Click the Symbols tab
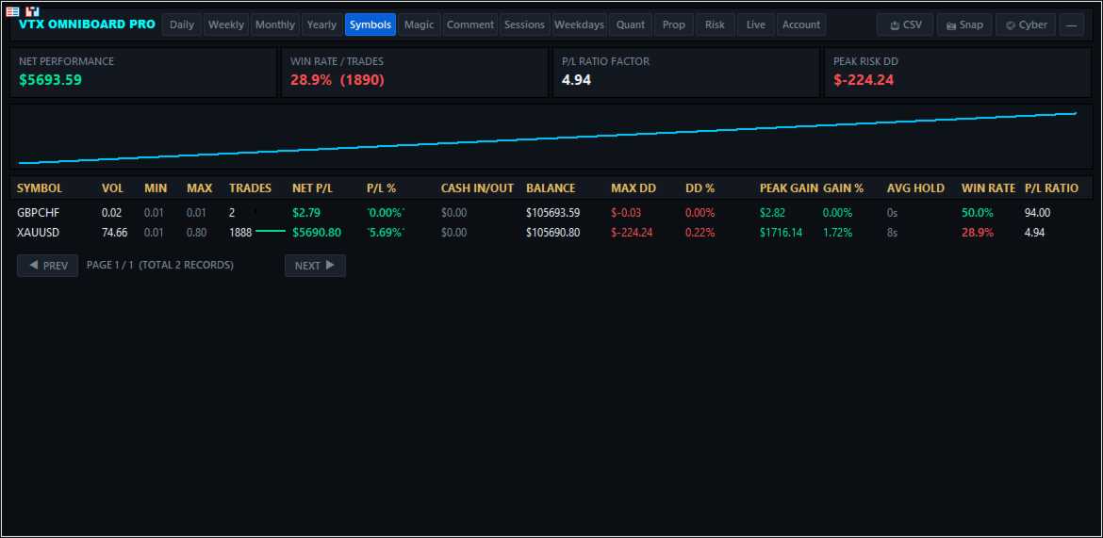(370, 24)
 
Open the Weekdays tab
(580, 24)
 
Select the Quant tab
(631, 24)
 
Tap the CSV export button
(905, 24)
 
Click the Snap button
(964, 24)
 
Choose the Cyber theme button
(1026, 24)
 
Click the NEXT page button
(315, 265)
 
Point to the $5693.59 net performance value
(51, 80)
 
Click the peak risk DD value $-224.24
(864, 80)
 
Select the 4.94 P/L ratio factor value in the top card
(576, 80)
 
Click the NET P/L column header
(312, 187)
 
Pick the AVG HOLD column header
(916, 187)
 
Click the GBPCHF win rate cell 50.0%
(978, 212)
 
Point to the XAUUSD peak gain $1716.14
(781, 232)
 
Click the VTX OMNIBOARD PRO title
(88, 24)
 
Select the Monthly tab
(275, 24)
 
